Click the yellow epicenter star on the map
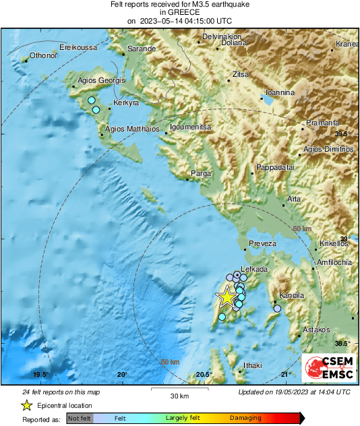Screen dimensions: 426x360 (227, 297)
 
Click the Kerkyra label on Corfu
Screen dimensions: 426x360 (126, 103)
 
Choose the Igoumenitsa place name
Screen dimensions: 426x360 (190, 127)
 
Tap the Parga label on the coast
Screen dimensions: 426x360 (202, 173)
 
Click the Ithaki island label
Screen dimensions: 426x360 (251, 365)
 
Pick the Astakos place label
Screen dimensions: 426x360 (316, 330)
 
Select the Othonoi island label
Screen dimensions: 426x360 (42, 56)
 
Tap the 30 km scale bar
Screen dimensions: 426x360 (179, 390)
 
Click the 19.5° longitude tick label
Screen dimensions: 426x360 (40, 375)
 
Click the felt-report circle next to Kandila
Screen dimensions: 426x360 (277, 309)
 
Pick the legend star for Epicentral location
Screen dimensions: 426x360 (27, 405)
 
